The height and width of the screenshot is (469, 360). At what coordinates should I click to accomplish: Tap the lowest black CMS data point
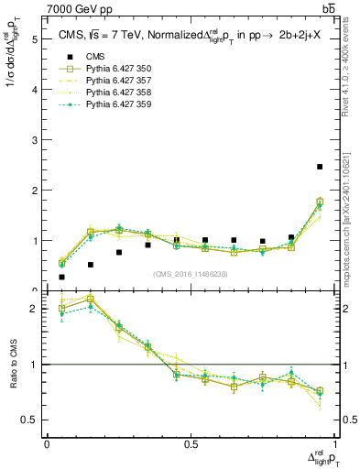pos(62,277)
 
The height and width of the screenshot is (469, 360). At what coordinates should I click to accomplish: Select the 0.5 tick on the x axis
pos(191,444)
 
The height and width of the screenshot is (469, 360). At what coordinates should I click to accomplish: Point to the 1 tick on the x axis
pos(334,444)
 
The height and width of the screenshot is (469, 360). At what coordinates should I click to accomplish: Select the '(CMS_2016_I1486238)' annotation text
pos(190,274)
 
